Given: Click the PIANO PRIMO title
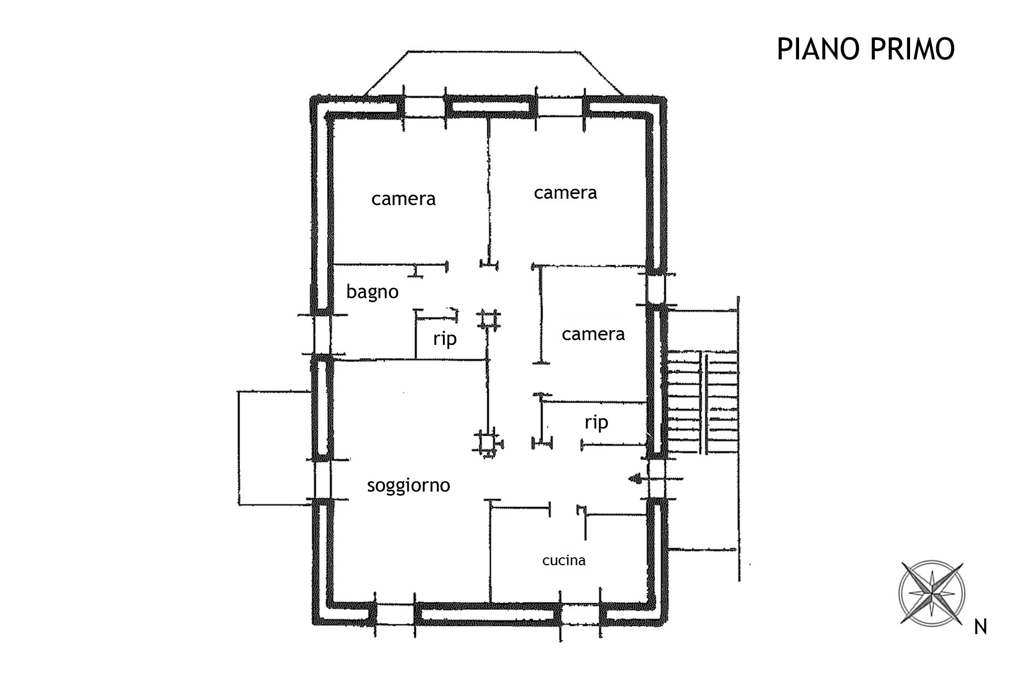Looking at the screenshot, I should point(865,49).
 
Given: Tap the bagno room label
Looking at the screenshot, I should point(372,292).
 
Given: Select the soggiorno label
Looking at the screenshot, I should point(408,485).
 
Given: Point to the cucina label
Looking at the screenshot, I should point(564,560).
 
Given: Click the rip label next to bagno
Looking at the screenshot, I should point(445,339).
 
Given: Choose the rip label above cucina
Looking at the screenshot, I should point(596,422).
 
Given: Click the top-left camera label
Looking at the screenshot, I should point(403,199).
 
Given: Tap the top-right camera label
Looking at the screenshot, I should point(565,193).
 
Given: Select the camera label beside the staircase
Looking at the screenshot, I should point(593,334).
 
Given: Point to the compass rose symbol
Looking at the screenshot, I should point(932,593).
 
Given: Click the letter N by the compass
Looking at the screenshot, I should point(981,627).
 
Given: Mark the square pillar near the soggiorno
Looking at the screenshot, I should point(488,443).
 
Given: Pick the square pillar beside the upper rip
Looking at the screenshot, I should point(488,319).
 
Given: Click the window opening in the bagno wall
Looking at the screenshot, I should point(321,334).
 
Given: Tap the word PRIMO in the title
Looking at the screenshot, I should point(913,49).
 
